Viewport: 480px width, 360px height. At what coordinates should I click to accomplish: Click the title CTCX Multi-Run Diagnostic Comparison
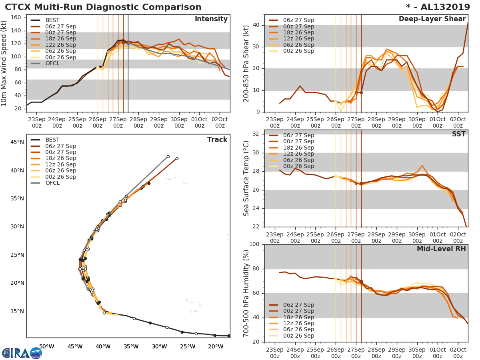point(103,7)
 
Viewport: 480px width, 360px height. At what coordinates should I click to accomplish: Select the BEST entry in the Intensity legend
point(52,20)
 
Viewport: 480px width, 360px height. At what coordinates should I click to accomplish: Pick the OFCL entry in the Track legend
point(52,183)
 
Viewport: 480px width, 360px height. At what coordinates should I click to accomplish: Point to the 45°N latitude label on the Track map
point(17,142)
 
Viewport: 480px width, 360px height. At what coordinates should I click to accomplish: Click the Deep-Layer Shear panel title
point(432,19)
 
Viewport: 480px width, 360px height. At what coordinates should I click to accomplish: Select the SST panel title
point(459,134)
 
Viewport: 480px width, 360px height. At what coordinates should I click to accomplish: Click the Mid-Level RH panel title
point(441,249)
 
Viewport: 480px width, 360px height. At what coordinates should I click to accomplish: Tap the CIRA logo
point(22,353)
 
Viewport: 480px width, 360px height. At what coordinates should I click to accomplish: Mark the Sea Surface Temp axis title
point(246,178)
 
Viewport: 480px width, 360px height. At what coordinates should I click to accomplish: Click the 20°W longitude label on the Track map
point(215,346)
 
